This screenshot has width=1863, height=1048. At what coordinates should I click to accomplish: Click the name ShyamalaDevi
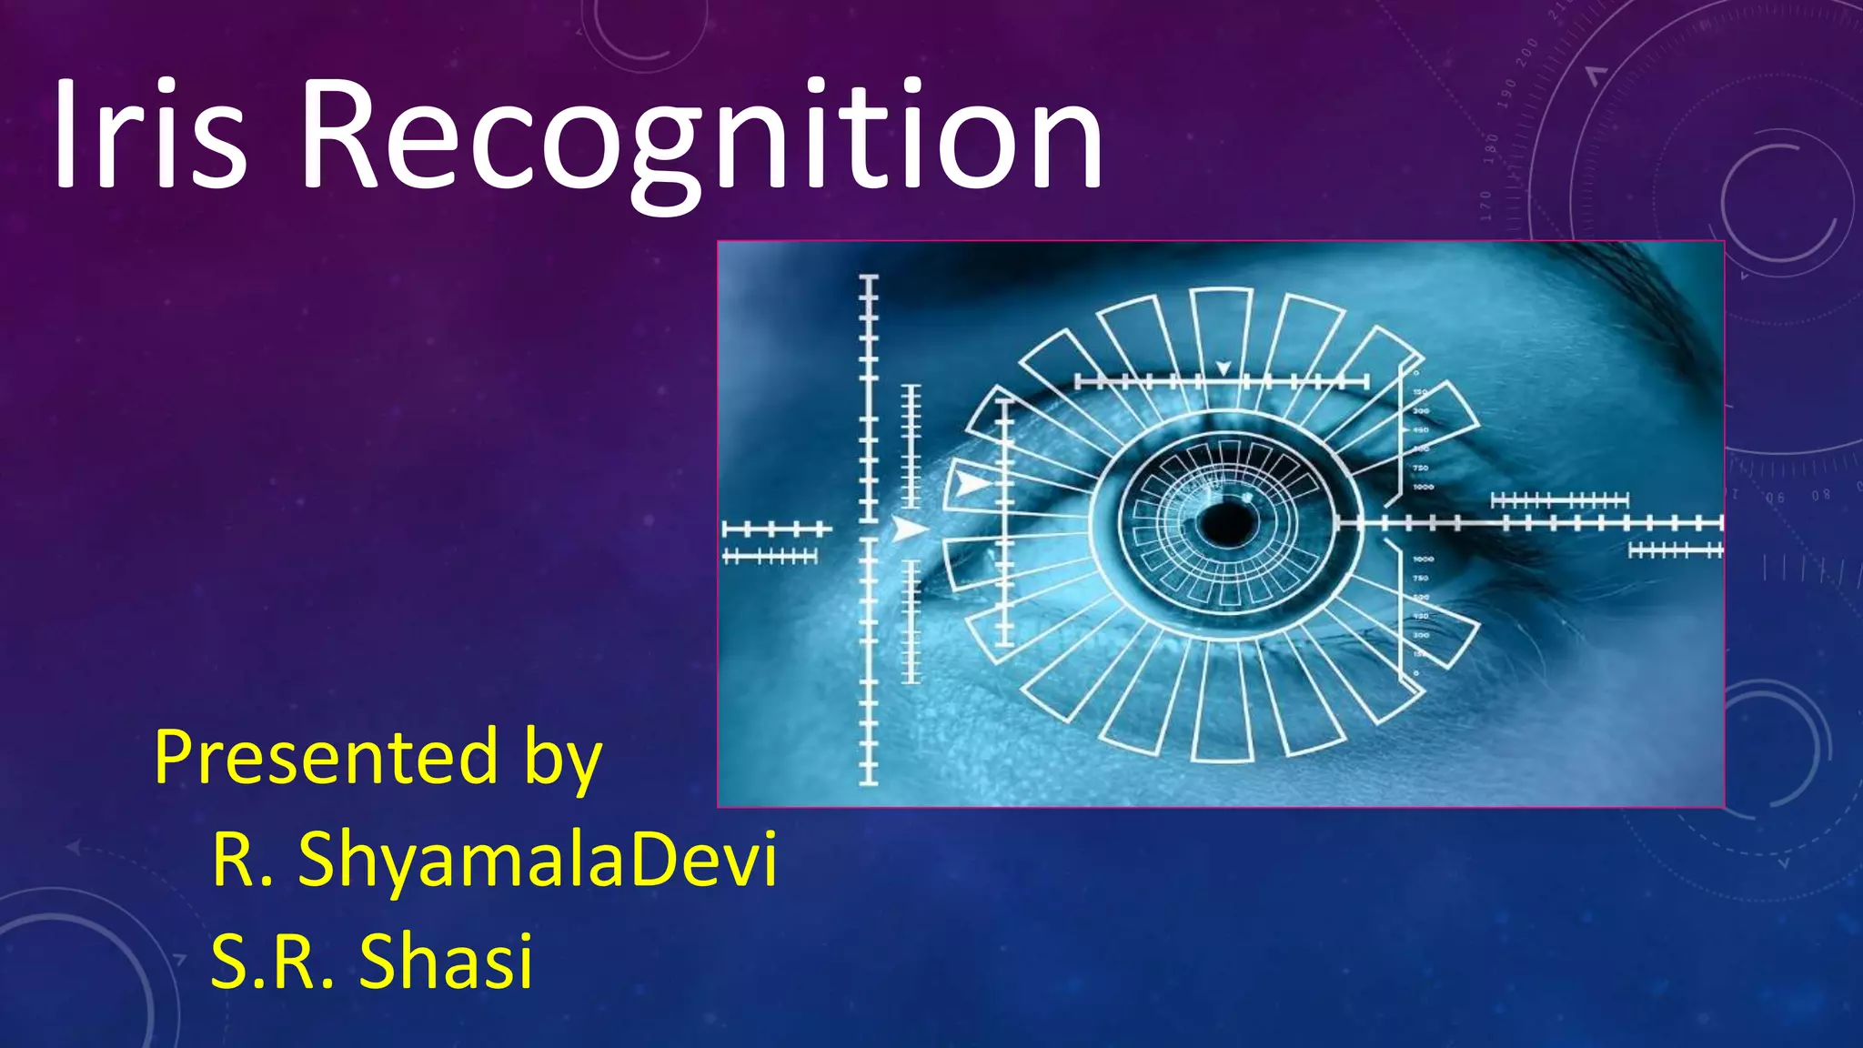click(x=538, y=859)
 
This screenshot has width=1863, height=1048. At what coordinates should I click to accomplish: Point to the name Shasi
click(x=445, y=961)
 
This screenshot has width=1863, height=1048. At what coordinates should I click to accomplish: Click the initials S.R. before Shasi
click(x=272, y=961)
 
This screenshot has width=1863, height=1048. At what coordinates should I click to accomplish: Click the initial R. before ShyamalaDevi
click(x=242, y=859)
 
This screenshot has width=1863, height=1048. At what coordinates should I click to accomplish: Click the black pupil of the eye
click(x=1226, y=525)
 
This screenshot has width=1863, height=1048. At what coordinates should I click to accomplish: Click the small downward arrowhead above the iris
click(x=1224, y=368)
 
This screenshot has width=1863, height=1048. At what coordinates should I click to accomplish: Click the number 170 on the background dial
click(x=1485, y=206)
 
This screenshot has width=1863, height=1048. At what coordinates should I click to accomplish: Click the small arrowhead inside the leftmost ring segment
click(x=970, y=483)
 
